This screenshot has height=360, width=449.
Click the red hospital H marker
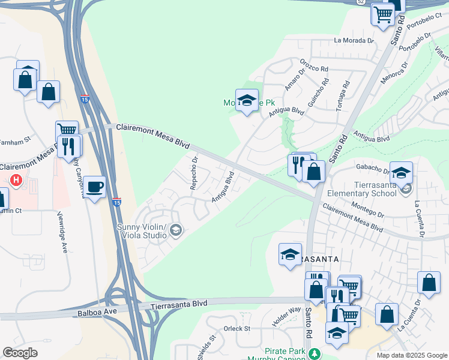(x=17, y=179)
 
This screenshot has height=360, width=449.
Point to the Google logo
(x=20, y=353)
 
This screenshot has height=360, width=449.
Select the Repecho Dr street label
(x=194, y=173)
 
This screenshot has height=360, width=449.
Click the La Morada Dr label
(x=354, y=41)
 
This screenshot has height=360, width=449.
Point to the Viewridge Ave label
(x=61, y=232)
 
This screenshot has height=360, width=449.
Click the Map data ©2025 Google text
(x=412, y=355)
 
